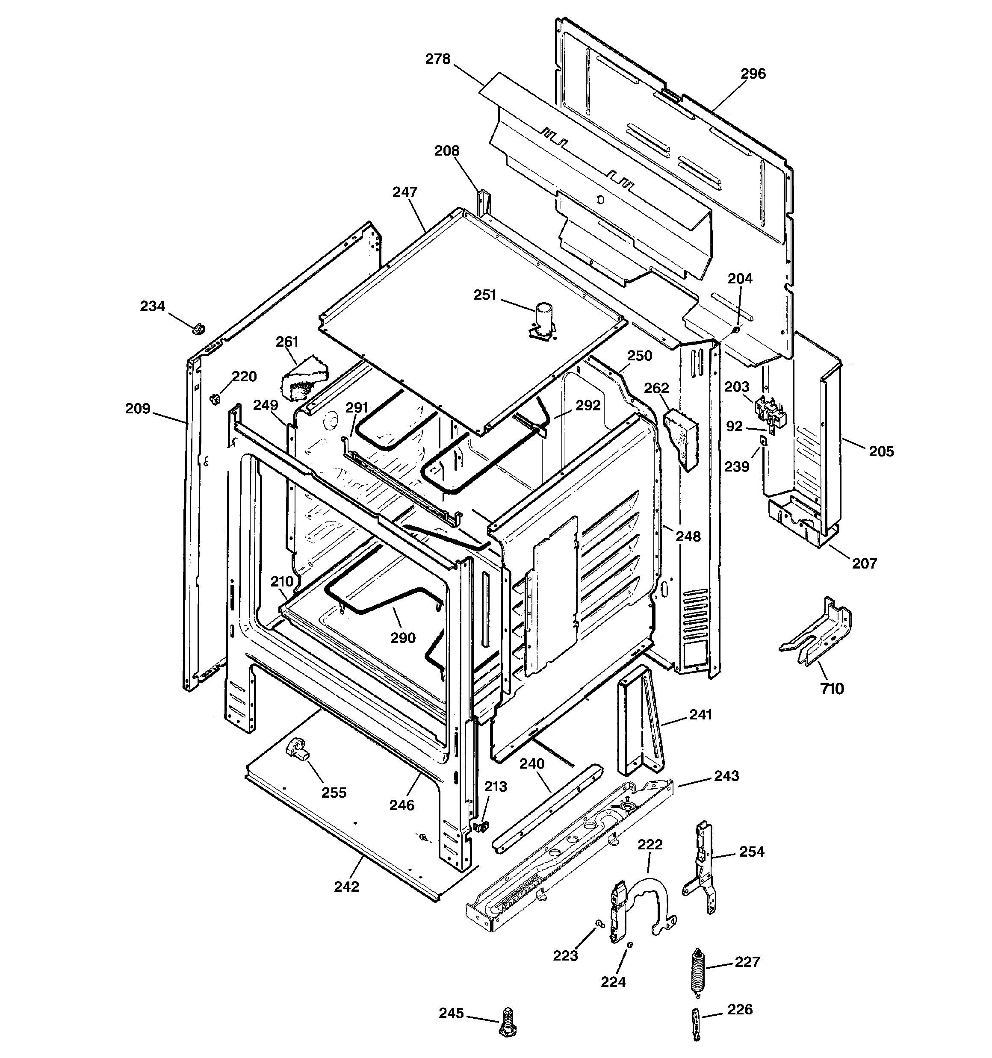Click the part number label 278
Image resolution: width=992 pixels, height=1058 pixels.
pyautogui.click(x=438, y=59)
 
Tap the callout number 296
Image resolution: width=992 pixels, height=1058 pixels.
pyautogui.click(x=753, y=74)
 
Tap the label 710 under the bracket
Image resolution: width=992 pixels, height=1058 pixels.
pyautogui.click(x=832, y=689)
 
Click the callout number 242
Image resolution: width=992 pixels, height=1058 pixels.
pyautogui.click(x=347, y=887)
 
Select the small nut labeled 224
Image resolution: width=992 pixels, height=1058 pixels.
pyautogui.click(x=629, y=945)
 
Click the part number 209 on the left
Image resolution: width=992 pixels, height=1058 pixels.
pyautogui.click(x=138, y=409)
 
